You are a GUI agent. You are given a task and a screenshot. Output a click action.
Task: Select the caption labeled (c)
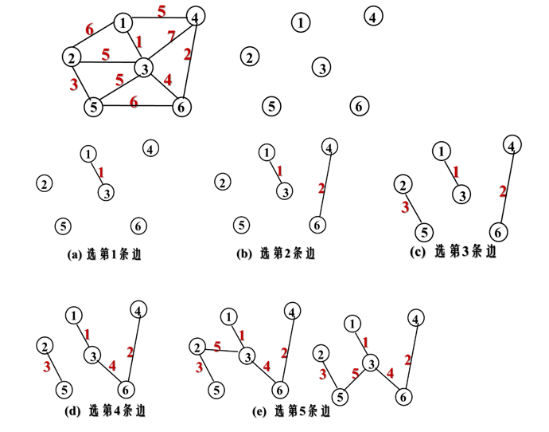pyautogui.click(x=454, y=252)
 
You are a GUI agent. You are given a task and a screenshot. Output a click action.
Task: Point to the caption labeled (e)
pyautogui.click(x=290, y=413)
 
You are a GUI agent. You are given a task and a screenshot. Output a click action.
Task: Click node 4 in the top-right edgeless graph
pyautogui.click(x=374, y=15)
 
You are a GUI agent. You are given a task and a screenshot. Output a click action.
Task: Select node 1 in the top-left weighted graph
pyautogui.click(x=123, y=22)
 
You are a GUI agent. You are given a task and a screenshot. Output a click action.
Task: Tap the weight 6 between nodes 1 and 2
pyautogui.click(x=88, y=29)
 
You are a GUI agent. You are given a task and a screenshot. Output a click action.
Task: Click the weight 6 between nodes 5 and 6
pyautogui.click(x=134, y=101)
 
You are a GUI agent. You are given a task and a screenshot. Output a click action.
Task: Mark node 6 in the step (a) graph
pyautogui.click(x=138, y=226)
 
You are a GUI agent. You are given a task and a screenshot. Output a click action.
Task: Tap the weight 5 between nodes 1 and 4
pyautogui.click(x=162, y=11)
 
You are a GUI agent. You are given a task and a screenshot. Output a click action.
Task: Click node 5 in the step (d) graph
pyautogui.click(x=64, y=391)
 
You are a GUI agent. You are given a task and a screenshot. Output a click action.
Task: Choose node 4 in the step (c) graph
pyautogui.click(x=513, y=144)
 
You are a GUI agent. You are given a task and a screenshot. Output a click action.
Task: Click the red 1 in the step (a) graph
pyautogui.click(x=101, y=171)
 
